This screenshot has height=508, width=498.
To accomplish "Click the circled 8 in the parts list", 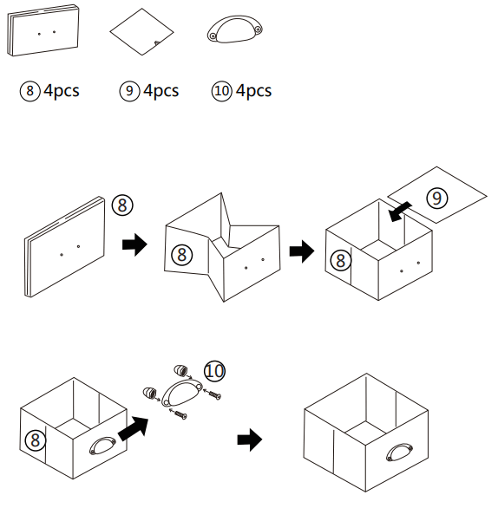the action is coord(29,91).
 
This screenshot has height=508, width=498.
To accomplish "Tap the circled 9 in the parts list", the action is coord(129,91).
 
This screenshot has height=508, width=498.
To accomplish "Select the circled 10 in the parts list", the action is coord(222,91).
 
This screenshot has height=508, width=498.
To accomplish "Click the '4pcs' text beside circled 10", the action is coord(253,91).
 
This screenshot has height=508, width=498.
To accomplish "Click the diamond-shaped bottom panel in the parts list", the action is coord(141,32).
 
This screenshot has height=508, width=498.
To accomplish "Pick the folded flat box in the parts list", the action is coord(43,30).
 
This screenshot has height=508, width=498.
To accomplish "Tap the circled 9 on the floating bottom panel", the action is coord(437,198).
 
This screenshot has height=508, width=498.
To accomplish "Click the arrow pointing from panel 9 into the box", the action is coord(400,212).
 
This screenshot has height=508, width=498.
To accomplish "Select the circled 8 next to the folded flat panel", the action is coord(122,205).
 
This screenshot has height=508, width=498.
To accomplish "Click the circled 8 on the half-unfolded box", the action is coord(182,255).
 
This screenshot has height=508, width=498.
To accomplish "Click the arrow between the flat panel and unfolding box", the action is coord(134,244).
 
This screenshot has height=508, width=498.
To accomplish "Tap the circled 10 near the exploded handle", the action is coord(214,371).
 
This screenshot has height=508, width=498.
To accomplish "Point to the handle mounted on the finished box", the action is coord(399,453).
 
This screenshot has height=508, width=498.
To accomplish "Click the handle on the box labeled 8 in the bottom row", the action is coord(102,446).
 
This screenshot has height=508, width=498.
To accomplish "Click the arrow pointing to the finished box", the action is coord(250,440).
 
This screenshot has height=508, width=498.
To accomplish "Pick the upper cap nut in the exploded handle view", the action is coord(180,370).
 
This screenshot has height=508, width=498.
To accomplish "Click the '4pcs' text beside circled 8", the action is coord(62,91).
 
